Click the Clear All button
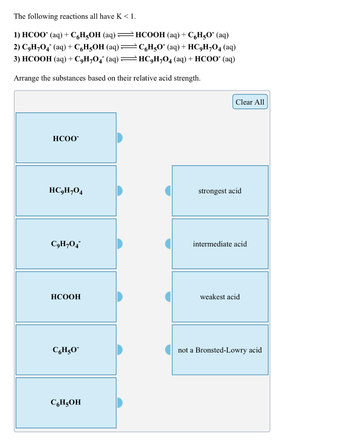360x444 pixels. click(250, 102)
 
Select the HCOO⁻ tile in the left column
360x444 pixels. click(66, 138)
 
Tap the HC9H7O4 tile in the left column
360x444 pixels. click(66, 191)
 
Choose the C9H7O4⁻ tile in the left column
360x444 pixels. click(66, 244)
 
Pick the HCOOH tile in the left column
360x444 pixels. click(66, 297)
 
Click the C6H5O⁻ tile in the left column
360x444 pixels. click(66, 350)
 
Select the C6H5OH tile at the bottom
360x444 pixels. click(66, 403)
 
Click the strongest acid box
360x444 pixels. click(220, 191)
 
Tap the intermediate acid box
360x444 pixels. click(220, 244)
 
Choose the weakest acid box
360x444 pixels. click(220, 297)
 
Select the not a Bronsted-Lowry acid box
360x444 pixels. click(220, 350)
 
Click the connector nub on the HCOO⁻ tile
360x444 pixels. click(120, 138)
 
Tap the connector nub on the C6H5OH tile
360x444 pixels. click(120, 403)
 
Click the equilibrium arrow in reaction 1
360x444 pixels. click(126, 36)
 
